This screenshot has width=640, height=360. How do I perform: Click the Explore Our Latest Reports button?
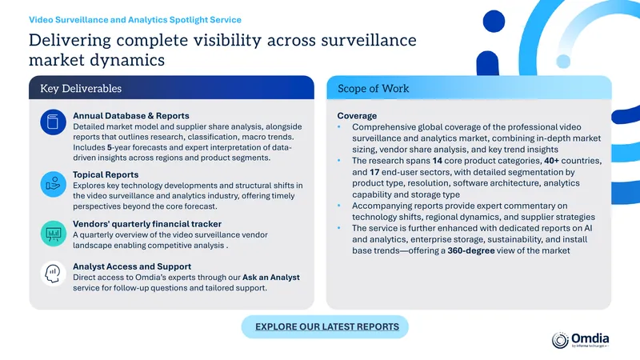[x=325, y=326]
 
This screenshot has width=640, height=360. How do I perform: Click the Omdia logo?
[x=580, y=340]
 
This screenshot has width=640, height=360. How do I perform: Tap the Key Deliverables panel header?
[x=171, y=88]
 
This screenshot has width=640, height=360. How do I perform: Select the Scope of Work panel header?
[x=469, y=88]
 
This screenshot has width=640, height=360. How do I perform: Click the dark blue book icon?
[x=53, y=122]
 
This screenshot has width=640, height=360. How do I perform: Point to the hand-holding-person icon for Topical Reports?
[x=53, y=184]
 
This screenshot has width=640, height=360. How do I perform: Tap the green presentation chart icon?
[x=53, y=234]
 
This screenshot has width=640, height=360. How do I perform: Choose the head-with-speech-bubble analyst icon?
[x=53, y=274]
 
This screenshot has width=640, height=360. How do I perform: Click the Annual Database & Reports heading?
[x=131, y=116]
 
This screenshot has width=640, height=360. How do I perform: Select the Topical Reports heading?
[x=106, y=174]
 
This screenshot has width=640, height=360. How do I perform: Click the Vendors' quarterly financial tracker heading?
[x=147, y=224]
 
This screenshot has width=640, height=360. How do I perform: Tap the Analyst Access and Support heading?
[x=132, y=266]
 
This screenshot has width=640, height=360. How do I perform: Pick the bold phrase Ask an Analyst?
[x=271, y=278]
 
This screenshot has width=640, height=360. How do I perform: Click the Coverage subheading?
[x=357, y=116]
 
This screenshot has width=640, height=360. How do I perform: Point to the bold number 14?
[x=437, y=161]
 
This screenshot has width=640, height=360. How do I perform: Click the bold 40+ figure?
[x=551, y=161]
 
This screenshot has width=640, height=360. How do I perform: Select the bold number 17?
[x=374, y=172]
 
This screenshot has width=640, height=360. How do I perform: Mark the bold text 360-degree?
[x=471, y=250]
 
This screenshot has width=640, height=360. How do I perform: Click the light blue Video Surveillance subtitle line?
[x=135, y=19]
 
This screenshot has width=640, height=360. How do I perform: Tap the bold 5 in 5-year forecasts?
[x=110, y=147]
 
